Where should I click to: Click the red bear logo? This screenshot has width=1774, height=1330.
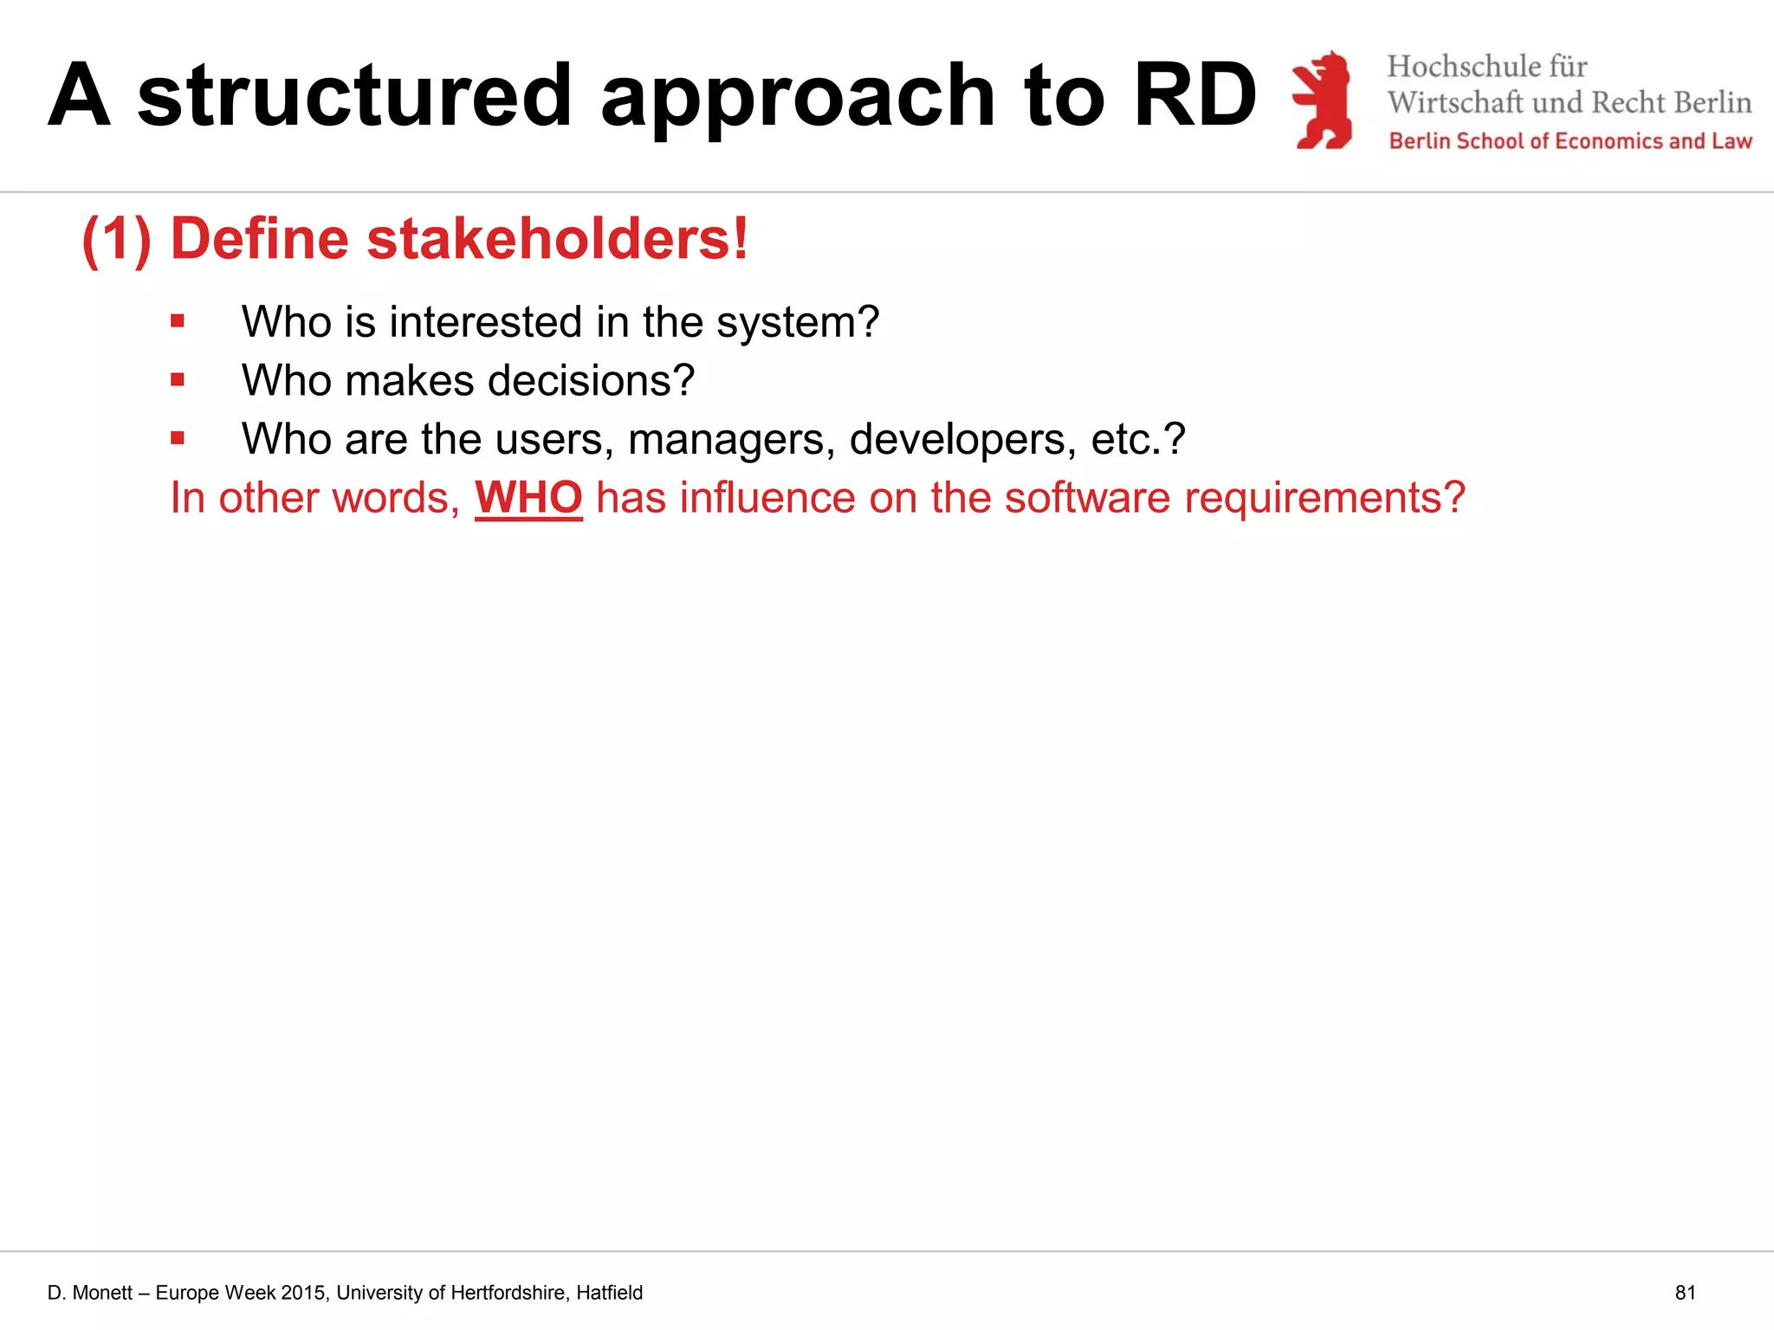(x=1323, y=100)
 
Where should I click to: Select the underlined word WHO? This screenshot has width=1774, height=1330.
(x=528, y=498)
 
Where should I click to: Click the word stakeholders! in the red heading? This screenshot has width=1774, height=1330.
(x=557, y=238)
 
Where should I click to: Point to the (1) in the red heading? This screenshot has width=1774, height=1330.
(x=117, y=239)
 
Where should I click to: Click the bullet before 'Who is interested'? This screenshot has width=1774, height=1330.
(x=178, y=321)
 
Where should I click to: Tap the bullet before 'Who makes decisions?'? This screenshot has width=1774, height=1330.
(x=178, y=379)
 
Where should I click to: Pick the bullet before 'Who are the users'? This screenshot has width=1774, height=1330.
(x=178, y=438)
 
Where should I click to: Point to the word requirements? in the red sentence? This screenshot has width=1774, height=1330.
(x=1324, y=498)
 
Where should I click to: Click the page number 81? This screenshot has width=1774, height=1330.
(x=1685, y=1293)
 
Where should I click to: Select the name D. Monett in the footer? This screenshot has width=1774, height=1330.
(x=89, y=1293)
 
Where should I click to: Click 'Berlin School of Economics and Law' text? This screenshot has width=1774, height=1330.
(x=1570, y=141)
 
